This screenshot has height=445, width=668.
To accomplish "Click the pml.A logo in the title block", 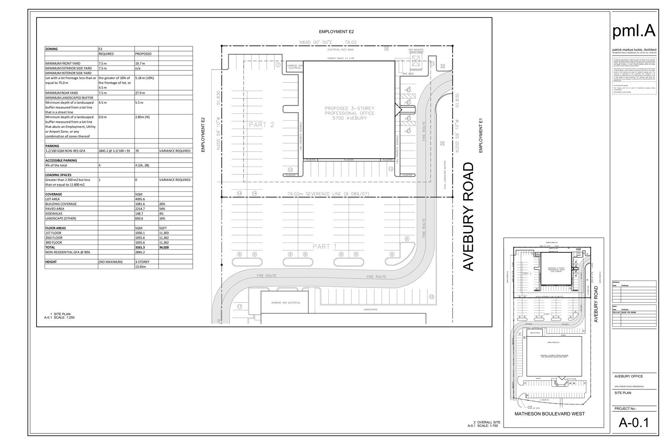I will pyautogui.click(x=634, y=31).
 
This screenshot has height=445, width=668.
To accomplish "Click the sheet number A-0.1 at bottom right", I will pyautogui.click(x=634, y=423).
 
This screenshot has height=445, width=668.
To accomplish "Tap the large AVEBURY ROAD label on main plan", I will pyautogui.click(x=468, y=216).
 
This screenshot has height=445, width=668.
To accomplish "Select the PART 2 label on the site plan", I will pyautogui.click(x=262, y=125).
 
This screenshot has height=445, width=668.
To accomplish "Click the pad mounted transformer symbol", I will pyautogui.click(x=416, y=61).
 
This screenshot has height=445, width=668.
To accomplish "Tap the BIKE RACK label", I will pyautogui.click(x=408, y=74).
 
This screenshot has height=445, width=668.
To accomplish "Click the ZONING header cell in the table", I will pyautogui.click(x=52, y=49).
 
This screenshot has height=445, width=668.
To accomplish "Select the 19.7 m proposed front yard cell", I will pyautogui.click(x=140, y=64).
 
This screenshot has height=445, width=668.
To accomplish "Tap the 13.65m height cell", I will pyautogui.click(x=140, y=267).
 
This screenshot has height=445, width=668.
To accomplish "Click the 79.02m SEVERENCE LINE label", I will pyautogui.click(x=328, y=194).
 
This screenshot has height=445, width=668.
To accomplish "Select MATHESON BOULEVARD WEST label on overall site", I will pyautogui.click(x=549, y=414).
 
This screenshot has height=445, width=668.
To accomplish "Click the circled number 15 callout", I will pyautogui.click(x=432, y=297).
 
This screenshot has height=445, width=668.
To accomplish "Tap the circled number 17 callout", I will pyautogui.click(x=240, y=306).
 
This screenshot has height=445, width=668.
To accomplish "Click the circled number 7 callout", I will pyautogui.click(x=278, y=65).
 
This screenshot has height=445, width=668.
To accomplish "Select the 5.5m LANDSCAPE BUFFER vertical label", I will pyautogui.click(x=445, y=175).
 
